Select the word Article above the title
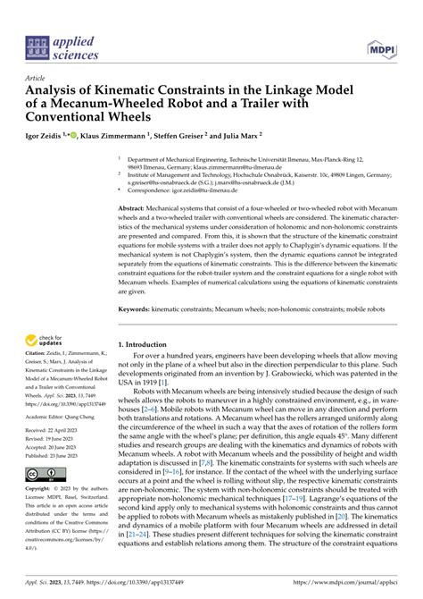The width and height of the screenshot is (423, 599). [x=38, y=78]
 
